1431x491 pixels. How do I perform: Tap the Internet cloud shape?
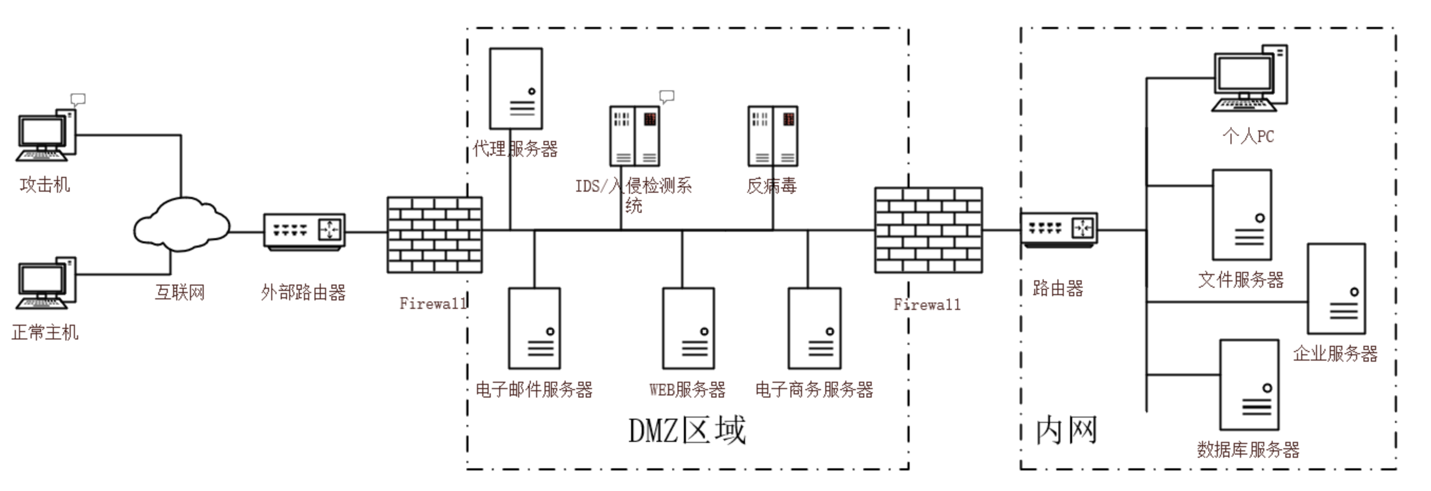click(181, 225)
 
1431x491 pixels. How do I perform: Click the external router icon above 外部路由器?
click(304, 231)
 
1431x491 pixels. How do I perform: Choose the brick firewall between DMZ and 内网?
click(928, 230)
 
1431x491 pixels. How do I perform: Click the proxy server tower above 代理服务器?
click(516, 89)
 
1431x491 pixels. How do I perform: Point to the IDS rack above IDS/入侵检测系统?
click(634, 136)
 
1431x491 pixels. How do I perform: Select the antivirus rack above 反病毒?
click(772, 136)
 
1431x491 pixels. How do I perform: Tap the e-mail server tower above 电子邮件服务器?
click(535, 328)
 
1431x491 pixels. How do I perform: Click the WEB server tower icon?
click(688, 328)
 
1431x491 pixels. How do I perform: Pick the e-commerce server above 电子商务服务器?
click(814, 328)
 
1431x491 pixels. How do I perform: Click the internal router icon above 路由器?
click(1060, 229)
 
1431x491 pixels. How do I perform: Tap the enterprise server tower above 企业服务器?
click(1336, 289)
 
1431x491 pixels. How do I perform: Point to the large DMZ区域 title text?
click(686, 430)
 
